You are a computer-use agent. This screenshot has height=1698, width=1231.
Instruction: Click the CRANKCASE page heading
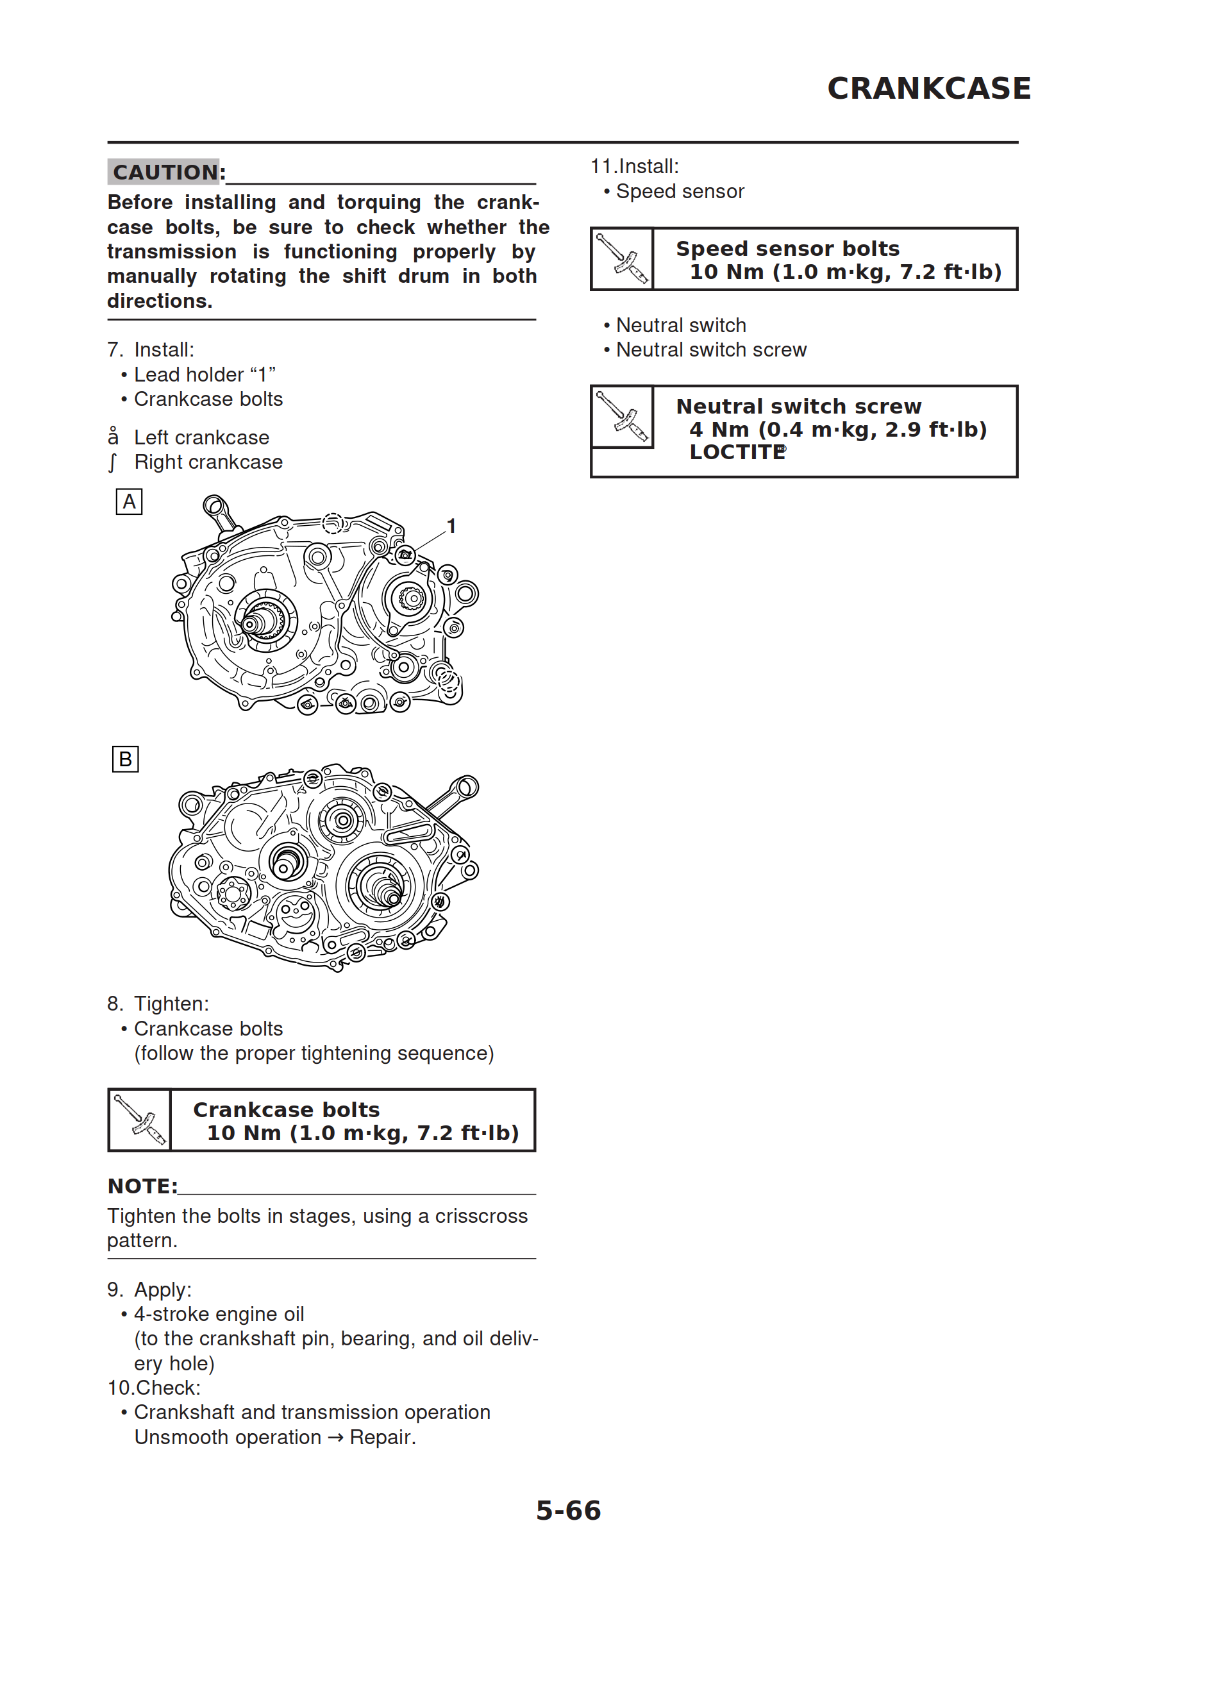pyautogui.click(x=928, y=88)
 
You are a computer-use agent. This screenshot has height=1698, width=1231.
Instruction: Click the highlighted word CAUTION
pyautogui.click(x=165, y=172)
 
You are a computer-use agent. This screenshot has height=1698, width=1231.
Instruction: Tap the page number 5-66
pyautogui.click(x=568, y=1510)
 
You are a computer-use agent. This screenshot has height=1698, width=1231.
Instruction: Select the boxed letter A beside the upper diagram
pyautogui.click(x=129, y=501)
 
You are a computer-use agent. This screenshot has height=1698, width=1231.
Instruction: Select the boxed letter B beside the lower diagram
pyautogui.click(x=125, y=759)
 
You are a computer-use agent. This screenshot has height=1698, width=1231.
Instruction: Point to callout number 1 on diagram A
pyautogui.click(x=451, y=526)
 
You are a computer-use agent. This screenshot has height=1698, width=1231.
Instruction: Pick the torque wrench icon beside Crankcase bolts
pyautogui.click(x=140, y=1120)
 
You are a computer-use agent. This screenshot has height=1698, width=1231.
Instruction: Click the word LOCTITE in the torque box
pyautogui.click(x=737, y=452)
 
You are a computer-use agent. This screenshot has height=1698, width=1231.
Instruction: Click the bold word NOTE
pyautogui.click(x=142, y=1187)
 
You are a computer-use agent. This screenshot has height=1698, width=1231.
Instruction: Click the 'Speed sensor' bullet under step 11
pyautogui.click(x=679, y=192)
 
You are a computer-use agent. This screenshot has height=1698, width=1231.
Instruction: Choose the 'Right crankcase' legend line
pyautogui.click(x=208, y=462)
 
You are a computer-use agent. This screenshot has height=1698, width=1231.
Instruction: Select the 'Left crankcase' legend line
pyautogui.click(x=201, y=437)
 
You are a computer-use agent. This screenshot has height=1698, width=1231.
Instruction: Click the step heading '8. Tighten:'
pyautogui.click(x=158, y=1004)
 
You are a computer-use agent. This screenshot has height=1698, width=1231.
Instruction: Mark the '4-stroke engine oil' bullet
pyautogui.click(x=219, y=1314)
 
